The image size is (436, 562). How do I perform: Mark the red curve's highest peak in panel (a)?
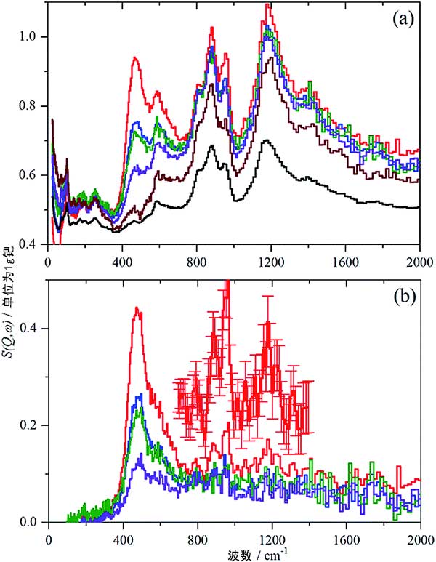pyautogui.click(x=268, y=5)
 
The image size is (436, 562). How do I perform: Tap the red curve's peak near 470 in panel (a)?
pyautogui.click(x=134, y=57)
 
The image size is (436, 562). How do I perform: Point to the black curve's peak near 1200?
pyautogui.click(x=267, y=140)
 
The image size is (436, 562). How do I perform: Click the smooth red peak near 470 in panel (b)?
pyautogui.click(x=136, y=308)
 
